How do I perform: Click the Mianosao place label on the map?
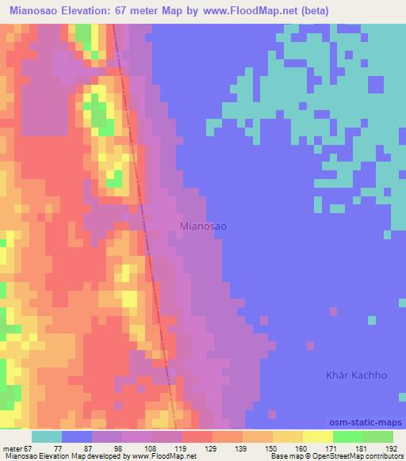tap(204, 227)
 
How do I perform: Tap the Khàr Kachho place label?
tap(358, 375)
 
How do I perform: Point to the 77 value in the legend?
tap(58, 448)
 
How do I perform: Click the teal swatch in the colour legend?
tap(46, 436)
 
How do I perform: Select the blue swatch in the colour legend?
tap(76, 436)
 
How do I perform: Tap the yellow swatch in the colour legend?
tap(317, 436)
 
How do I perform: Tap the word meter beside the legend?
tap(12, 448)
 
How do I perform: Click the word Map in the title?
tap(192, 11)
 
